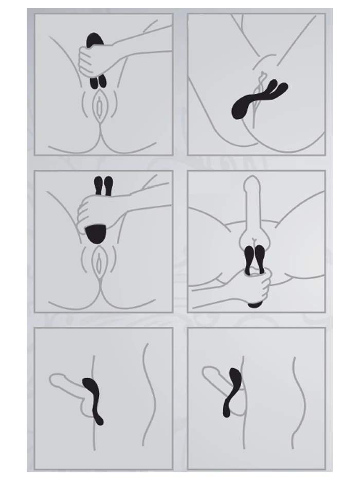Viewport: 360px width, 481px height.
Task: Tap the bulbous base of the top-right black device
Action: click(x=240, y=109)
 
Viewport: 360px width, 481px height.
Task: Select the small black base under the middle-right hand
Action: click(x=254, y=305)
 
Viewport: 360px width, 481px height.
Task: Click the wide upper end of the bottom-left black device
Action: click(x=89, y=385)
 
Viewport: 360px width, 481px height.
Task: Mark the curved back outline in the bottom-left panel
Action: click(x=148, y=391)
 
